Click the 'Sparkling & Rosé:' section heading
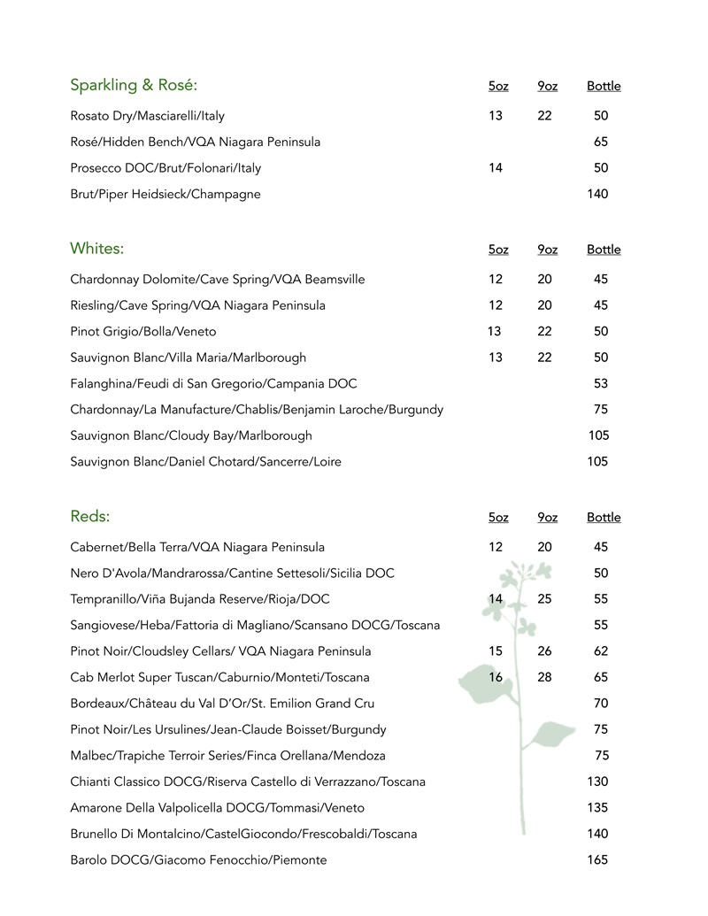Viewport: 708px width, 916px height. coord(134,86)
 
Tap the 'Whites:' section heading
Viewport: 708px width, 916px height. coord(97,249)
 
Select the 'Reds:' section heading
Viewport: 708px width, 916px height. coord(90,517)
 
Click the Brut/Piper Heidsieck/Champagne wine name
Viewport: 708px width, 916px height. coord(165,194)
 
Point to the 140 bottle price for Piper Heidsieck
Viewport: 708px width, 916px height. coord(597,194)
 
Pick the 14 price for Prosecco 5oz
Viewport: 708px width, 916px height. coord(495,168)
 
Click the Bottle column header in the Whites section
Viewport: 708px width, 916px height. coord(604,250)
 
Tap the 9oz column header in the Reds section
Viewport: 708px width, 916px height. coord(547,518)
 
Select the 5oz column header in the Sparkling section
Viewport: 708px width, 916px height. coord(498,87)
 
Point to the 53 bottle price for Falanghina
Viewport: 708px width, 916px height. coord(601,384)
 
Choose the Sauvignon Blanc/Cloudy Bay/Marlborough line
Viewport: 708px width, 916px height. coord(191,435)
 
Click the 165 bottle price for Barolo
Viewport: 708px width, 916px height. coord(597,860)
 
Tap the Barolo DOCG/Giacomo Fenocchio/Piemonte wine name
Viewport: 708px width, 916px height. coord(198,860)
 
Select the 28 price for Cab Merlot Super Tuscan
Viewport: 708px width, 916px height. coord(544,678)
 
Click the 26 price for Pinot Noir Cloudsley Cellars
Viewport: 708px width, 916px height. coord(544,651)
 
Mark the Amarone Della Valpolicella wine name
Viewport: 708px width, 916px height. coord(218,808)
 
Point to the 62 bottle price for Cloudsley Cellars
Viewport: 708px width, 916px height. coord(601,651)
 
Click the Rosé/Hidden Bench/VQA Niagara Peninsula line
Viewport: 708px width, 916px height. coord(196,142)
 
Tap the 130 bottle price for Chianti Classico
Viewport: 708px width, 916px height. coord(597,782)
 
